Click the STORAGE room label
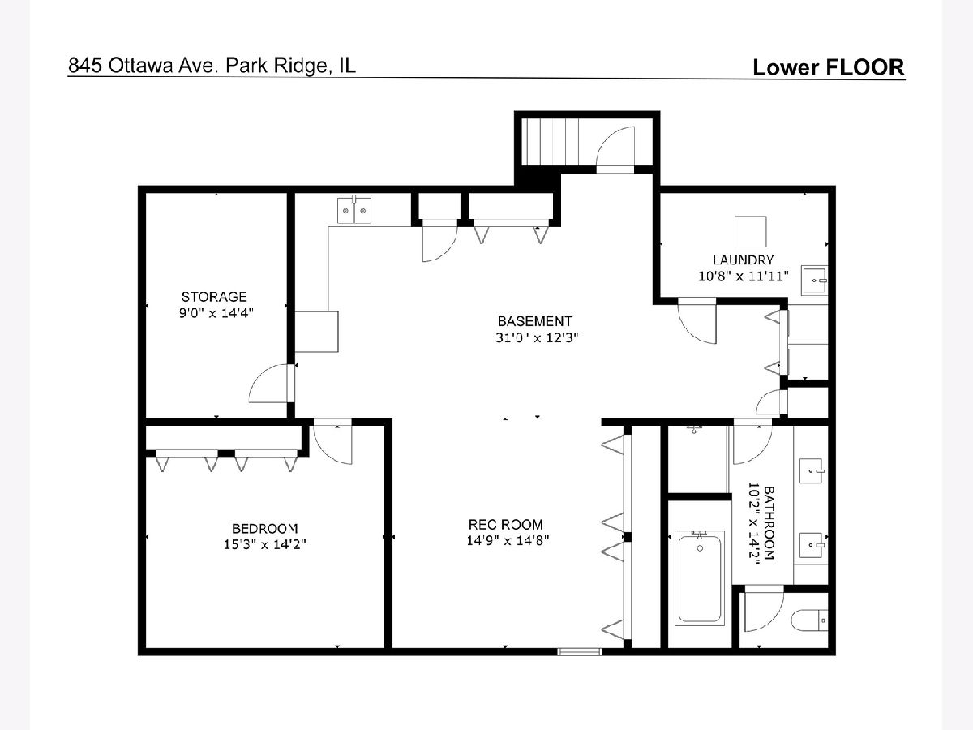tap(214, 297)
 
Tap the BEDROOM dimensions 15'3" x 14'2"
tap(264, 544)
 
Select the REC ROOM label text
tap(506, 525)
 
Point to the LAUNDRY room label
tap(744, 260)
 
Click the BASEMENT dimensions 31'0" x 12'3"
tap(537, 337)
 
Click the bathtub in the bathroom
tap(700, 579)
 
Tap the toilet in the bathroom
tap(809, 620)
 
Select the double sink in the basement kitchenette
tap(354, 211)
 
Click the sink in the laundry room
tap(814, 280)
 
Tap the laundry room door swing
tap(697, 321)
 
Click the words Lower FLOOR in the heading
tap(829, 67)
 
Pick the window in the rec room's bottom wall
tap(579, 651)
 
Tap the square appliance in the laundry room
tap(751, 231)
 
